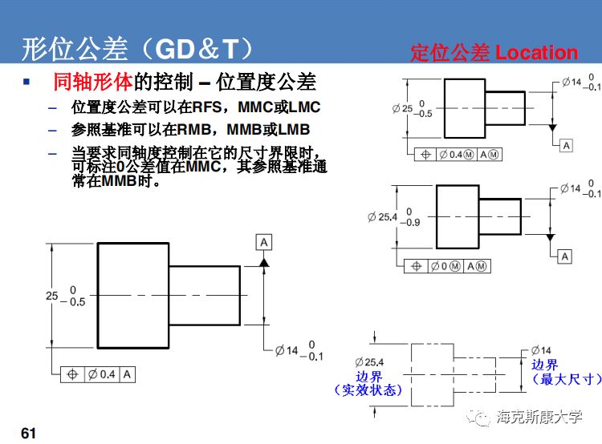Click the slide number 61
[x=29, y=434]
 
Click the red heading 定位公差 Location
[x=494, y=53]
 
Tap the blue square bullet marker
[x=26, y=81]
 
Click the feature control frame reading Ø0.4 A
[x=98, y=374]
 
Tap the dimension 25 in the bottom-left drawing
[x=52, y=296]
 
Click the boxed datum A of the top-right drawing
[x=566, y=145]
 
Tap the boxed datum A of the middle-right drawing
[x=565, y=256]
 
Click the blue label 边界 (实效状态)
[x=368, y=383]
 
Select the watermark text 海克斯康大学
[x=545, y=418]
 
